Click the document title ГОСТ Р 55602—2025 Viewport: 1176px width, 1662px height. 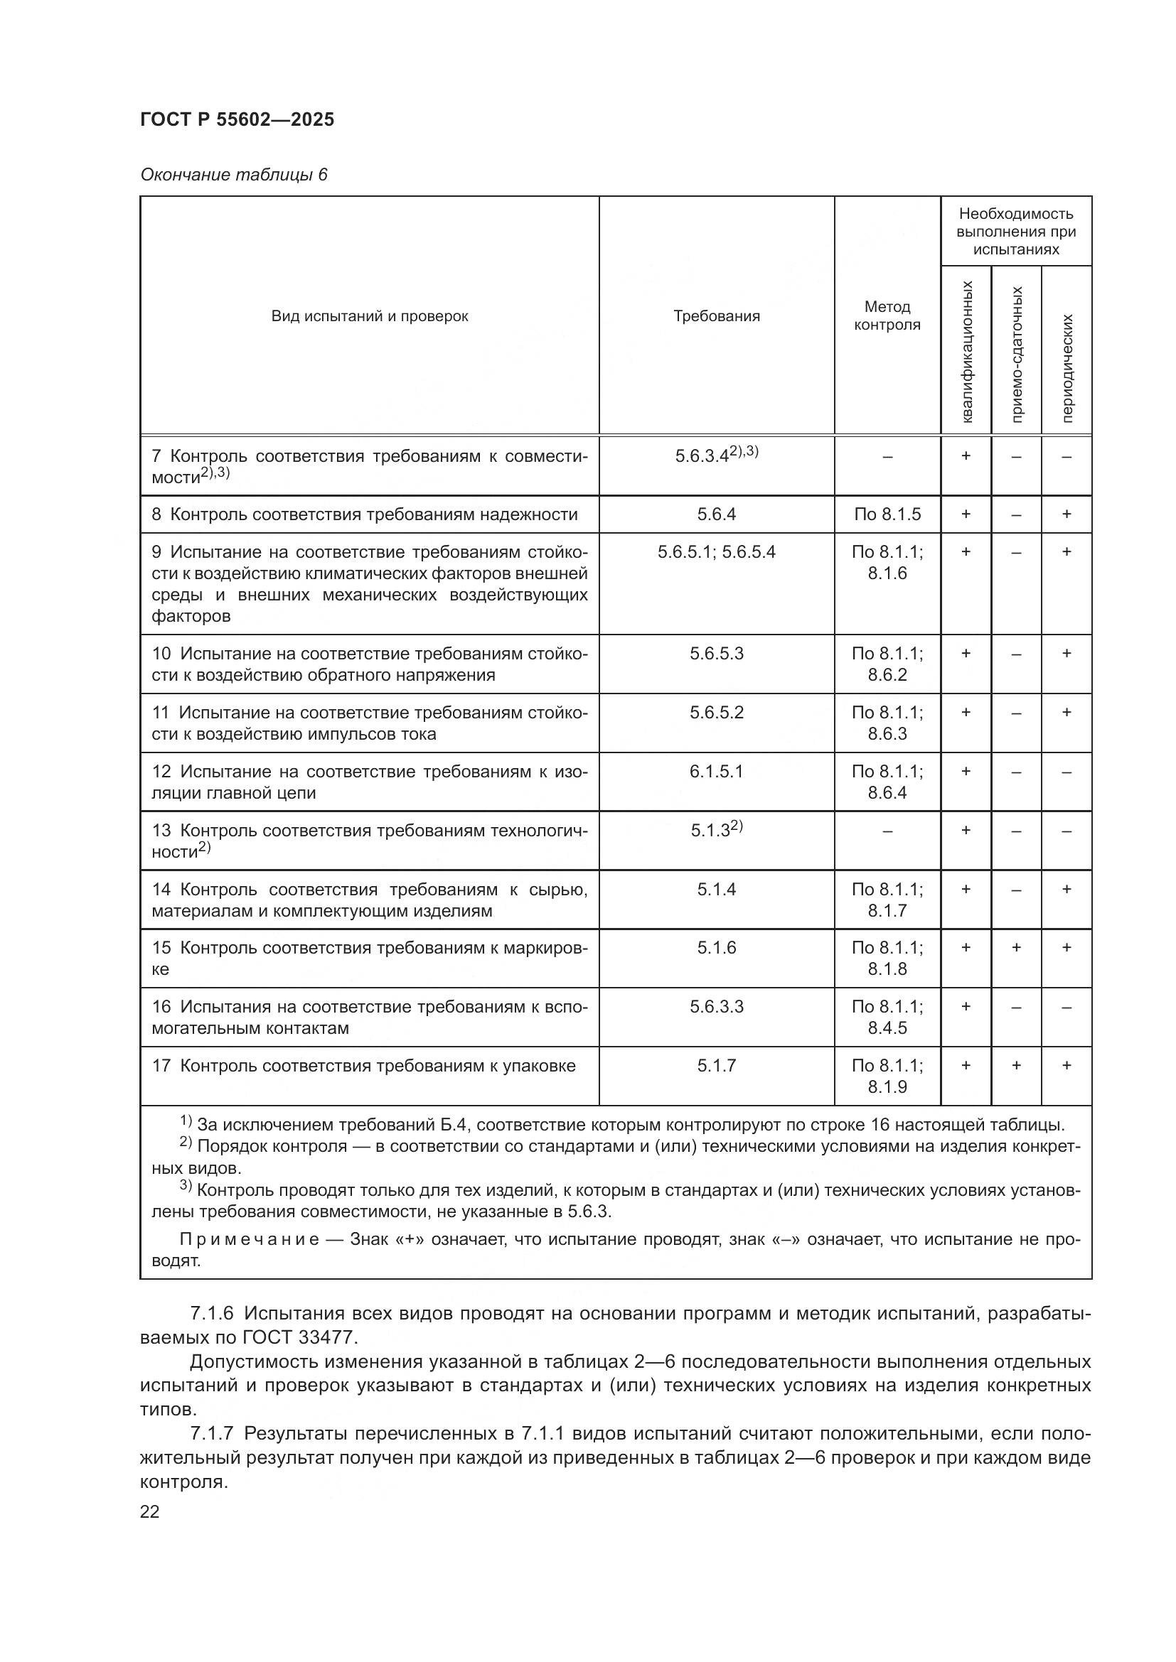click(x=237, y=119)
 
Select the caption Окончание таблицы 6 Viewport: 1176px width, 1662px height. click(x=233, y=176)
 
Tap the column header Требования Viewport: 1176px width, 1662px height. click(x=716, y=316)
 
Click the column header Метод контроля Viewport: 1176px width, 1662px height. click(x=887, y=316)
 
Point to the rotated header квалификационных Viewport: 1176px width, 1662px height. click(x=968, y=352)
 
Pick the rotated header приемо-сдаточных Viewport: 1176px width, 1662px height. click(x=1017, y=354)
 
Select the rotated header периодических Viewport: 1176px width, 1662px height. click(x=1067, y=369)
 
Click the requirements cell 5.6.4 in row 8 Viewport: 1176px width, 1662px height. click(x=716, y=514)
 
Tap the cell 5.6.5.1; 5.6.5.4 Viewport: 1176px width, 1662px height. click(x=716, y=552)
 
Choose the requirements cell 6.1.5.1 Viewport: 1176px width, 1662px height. click(x=716, y=772)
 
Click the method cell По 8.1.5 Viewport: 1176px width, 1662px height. click(x=887, y=514)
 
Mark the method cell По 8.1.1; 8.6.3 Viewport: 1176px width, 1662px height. click(x=887, y=723)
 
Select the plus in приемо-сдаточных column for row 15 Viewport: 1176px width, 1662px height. click(x=1016, y=948)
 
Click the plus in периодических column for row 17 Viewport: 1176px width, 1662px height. click(x=1066, y=1066)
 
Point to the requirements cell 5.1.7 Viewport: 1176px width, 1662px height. click(x=716, y=1066)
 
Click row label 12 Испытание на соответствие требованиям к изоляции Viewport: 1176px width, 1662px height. click(x=369, y=782)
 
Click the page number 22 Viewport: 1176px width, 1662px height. click(x=150, y=1512)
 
